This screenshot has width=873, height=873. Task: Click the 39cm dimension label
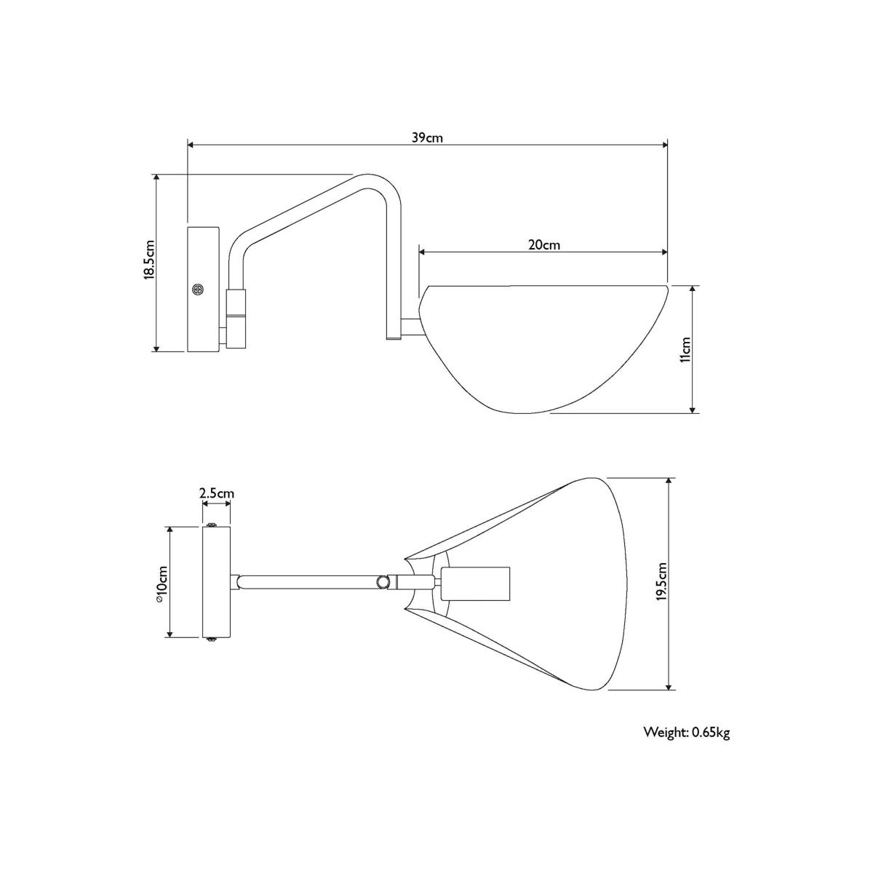[427, 137]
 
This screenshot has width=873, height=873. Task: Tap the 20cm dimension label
[544, 245]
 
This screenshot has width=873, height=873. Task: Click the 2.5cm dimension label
[217, 493]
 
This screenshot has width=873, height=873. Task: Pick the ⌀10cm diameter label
[162, 584]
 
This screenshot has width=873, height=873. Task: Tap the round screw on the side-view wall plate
[198, 289]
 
